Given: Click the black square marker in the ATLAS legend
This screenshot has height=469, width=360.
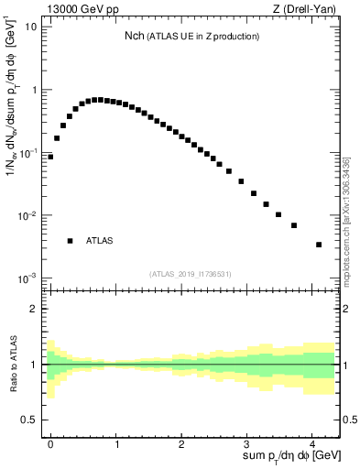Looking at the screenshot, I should point(70,241).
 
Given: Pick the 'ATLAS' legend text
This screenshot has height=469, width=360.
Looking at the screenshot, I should point(99,241).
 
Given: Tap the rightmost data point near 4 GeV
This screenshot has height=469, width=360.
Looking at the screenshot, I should point(318,245).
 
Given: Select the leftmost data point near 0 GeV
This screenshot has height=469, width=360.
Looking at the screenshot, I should point(50,157).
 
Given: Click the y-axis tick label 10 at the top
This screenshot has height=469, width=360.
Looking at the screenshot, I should point(29,27).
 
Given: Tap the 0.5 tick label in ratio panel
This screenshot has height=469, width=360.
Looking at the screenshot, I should point(27,420).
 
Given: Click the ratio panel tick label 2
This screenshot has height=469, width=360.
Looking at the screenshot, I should point(33,309).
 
